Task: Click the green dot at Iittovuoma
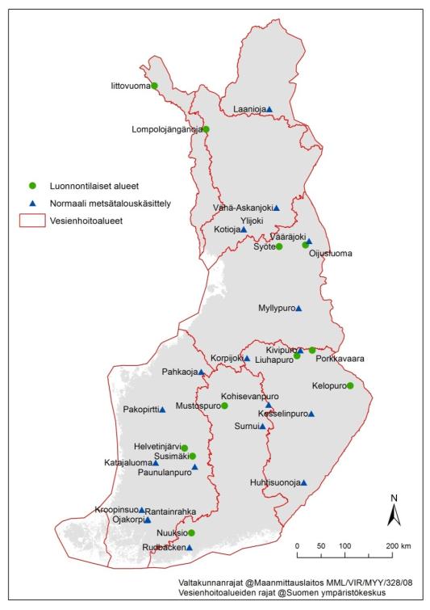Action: click(x=154, y=86)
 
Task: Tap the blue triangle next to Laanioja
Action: click(x=269, y=109)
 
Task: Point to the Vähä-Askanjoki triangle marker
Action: click(x=276, y=208)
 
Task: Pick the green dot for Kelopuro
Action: click(x=350, y=385)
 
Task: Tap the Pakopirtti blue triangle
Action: click(x=162, y=410)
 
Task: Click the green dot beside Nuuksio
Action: click(x=192, y=532)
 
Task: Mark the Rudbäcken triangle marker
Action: click(x=190, y=548)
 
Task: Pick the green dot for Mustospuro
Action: click(x=224, y=406)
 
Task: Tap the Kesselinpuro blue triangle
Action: click(x=311, y=414)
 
